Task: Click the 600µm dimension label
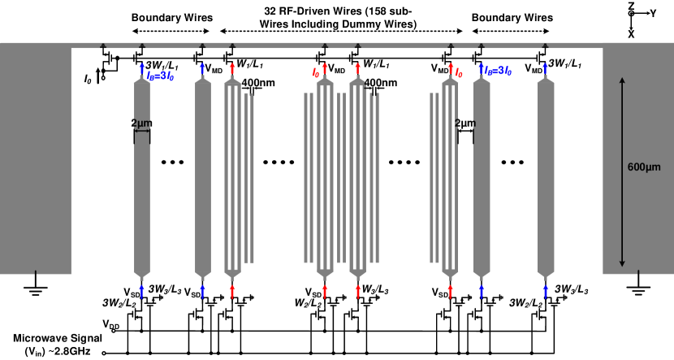[x=644, y=167]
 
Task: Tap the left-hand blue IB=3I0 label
[x=160, y=76]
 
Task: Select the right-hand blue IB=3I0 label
[x=498, y=72]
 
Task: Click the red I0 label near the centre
[x=316, y=73]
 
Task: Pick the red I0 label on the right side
[x=459, y=73]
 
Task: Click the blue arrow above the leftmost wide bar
[x=142, y=69]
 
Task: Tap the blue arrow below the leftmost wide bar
[x=141, y=291]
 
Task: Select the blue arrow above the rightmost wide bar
[x=545, y=69]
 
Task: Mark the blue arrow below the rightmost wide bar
[x=545, y=291]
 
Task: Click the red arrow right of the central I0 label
[x=325, y=69]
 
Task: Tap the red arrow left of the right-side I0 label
[x=451, y=69]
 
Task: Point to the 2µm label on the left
[x=140, y=124]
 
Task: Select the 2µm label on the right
[x=465, y=124]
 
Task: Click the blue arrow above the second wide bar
[x=202, y=69]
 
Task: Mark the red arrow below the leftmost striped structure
[x=232, y=291]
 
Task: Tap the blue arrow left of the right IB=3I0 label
[x=481, y=69]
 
